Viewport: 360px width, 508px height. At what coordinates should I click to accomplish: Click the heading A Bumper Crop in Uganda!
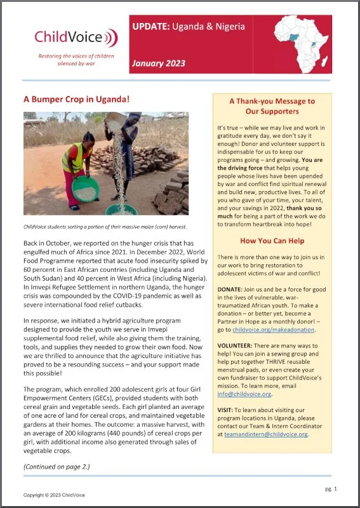tap(76, 100)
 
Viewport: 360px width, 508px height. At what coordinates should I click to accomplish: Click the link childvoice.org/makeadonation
tap(270, 330)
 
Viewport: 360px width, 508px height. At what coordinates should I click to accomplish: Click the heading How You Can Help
tap(272, 241)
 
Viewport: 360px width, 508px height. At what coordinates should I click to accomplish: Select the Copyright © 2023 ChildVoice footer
tap(54, 495)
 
